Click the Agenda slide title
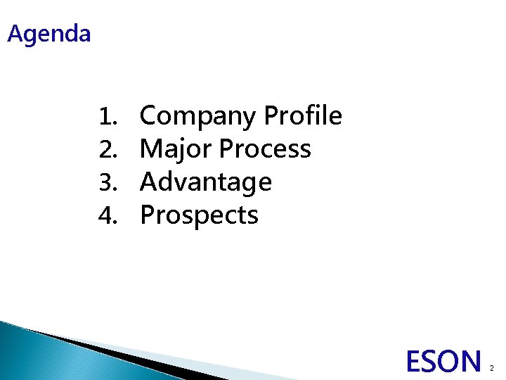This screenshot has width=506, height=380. [x=49, y=34]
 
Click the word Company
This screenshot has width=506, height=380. [x=198, y=116]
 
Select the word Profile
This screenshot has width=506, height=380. [x=302, y=115]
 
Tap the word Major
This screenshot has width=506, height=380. [x=176, y=149]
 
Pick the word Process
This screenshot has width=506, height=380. [x=264, y=148]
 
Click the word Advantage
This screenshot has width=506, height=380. [x=205, y=182]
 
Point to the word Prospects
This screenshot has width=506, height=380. [x=199, y=215]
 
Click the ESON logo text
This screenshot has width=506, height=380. [x=443, y=362]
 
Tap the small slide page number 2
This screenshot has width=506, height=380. [x=492, y=368]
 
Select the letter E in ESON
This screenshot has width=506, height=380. [x=415, y=362]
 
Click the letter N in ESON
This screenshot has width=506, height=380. [x=470, y=362]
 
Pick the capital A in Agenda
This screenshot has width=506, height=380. [x=15, y=33]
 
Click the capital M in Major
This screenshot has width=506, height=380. [x=153, y=148]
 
